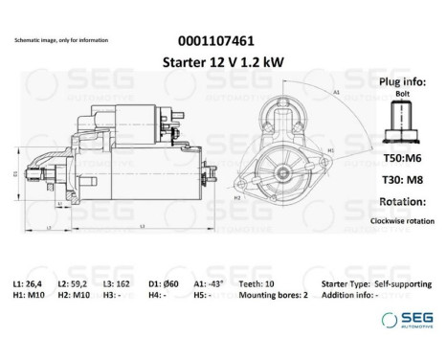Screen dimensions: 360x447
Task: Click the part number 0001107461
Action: [216, 41]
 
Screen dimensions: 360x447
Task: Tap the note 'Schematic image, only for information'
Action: [61, 41]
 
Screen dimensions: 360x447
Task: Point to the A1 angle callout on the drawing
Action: [337, 92]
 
